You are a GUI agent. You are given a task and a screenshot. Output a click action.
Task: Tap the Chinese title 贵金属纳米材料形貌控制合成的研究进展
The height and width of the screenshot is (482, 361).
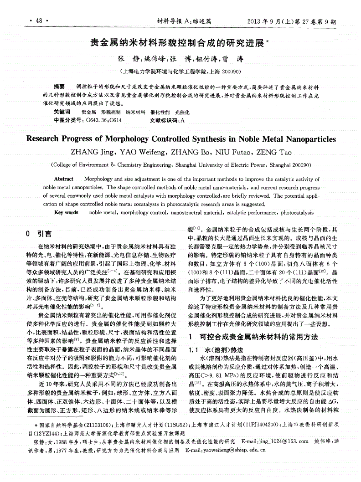(177, 44)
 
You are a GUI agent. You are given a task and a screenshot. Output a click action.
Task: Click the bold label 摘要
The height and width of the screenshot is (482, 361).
(59, 87)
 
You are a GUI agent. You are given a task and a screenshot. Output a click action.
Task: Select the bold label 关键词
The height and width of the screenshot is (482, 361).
(62, 112)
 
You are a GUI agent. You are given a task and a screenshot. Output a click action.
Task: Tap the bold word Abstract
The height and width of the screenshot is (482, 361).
(63, 179)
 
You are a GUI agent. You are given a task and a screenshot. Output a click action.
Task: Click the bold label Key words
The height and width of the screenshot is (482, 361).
(66, 212)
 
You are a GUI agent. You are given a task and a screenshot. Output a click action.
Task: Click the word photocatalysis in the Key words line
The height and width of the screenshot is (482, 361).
(297, 212)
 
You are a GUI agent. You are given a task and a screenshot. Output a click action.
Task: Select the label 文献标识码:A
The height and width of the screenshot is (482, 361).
(167, 120)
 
